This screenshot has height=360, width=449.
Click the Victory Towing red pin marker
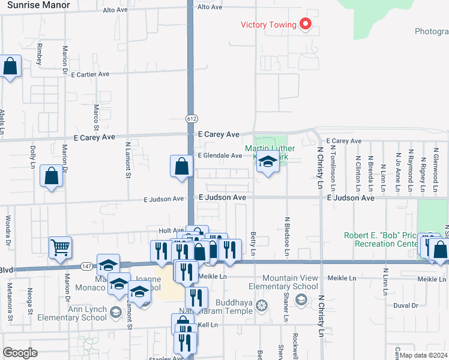coord(306,24)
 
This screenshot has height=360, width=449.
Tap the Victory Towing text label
coord(268,25)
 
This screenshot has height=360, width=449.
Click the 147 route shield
coord(86,265)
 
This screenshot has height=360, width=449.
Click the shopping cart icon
coord(60,247)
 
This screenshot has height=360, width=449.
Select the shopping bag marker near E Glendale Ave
coord(181,166)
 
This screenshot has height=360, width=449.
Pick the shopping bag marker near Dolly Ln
coord(52,176)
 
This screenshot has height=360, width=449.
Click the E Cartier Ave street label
coord(90,74)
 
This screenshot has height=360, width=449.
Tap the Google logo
coord(20,353)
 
